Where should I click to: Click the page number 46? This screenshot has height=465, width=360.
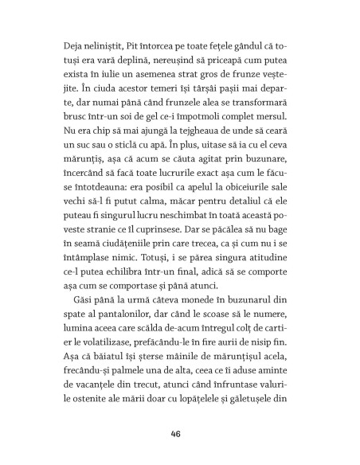click(x=179, y=434)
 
